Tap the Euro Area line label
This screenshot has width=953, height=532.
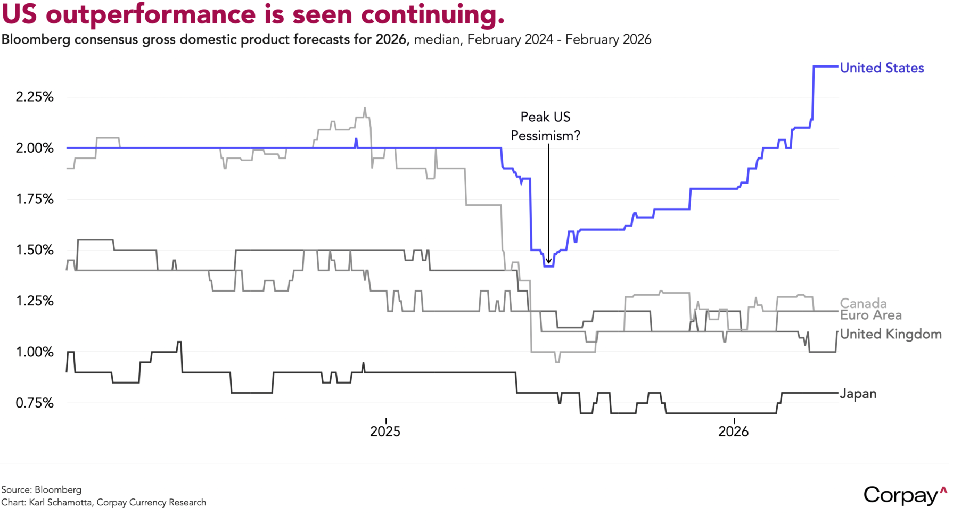click(871, 315)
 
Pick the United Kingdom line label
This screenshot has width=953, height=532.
click(891, 334)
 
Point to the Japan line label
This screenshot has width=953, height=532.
click(858, 394)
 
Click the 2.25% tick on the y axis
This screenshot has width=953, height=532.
click(35, 97)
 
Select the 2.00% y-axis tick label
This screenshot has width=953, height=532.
click(35, 148)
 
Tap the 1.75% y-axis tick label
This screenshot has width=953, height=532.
click(35, 199)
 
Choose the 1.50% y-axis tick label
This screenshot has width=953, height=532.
click(35, 250)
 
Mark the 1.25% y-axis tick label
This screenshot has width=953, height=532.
click(35, 301)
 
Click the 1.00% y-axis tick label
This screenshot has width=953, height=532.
click(35, 352)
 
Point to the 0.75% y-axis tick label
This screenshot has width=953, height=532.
click(35, 403)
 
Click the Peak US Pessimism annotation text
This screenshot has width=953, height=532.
click(545, 127)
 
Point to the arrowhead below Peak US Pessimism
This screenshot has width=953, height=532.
click(548, 260)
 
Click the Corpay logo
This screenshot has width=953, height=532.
click(905, 495)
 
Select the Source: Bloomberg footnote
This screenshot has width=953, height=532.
click(42, 490)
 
